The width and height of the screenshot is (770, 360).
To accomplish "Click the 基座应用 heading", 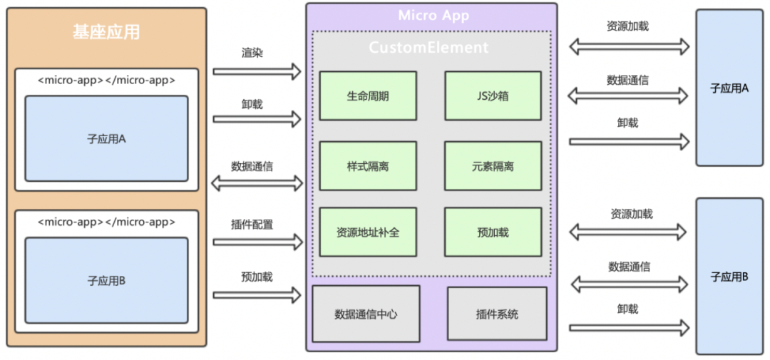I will (x=106, y=32).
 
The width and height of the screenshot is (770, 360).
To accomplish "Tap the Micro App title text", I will (x=433, y=16).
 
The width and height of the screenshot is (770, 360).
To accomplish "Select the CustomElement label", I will (x=428, y=48).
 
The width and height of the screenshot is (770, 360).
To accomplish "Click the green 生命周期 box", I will (x=368, y=96).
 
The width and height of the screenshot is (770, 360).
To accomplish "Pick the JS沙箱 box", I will (x=493, y=96).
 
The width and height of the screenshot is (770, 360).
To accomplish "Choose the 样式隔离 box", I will (x=368, y=166).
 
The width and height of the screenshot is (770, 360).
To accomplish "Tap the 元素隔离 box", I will (x=493, y=166).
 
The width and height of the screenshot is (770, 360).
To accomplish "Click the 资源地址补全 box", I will (x=368, y=232).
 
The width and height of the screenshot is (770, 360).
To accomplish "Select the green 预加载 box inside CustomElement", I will (x=493, y=232).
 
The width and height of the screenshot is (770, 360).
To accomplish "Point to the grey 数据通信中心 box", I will (x=366, y=314).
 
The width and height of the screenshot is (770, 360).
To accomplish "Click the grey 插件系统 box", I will (x=497, y=314).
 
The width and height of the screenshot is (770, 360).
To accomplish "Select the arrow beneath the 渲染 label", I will (x=257, y=71).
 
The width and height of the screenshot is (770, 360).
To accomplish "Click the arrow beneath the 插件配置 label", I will (x=257, y=242).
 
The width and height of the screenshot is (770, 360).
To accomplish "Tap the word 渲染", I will (x=252, y=52).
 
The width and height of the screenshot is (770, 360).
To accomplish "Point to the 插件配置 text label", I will (x=252, y=225).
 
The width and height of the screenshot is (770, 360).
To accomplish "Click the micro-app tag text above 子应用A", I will (x=106, y=80).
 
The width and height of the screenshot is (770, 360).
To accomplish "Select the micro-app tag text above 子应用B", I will (x=106, y=222).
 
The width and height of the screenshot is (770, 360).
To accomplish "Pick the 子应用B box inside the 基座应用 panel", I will (x=106, y=281).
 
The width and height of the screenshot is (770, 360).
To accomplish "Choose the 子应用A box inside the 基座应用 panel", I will (x=106, y=139).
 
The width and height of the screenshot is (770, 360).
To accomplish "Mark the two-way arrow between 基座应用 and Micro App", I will (x=257, y=183).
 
